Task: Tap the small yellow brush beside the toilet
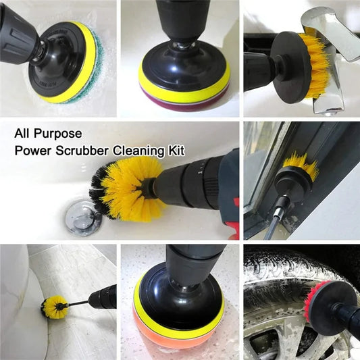click(54, 306)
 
